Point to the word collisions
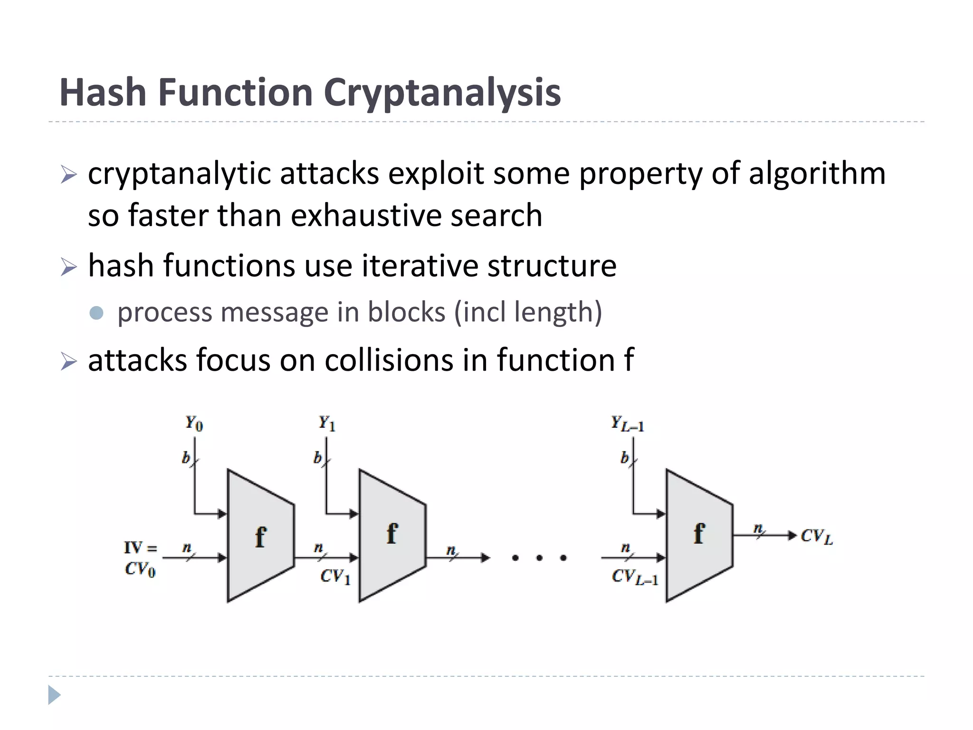point(389,360)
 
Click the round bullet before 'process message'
point(96,313)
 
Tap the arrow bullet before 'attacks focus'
point(68,362)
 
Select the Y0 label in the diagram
point(194,423)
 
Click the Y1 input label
point(327,423)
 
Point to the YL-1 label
point(627,423)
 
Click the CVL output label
point(816,537)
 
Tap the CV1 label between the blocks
point(335,576)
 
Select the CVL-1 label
point(635,576)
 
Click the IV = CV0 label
point(141,558)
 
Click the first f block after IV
point(260,536)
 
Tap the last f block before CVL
point(698,535)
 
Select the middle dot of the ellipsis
point(539,558)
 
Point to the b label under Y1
point(317,458)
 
